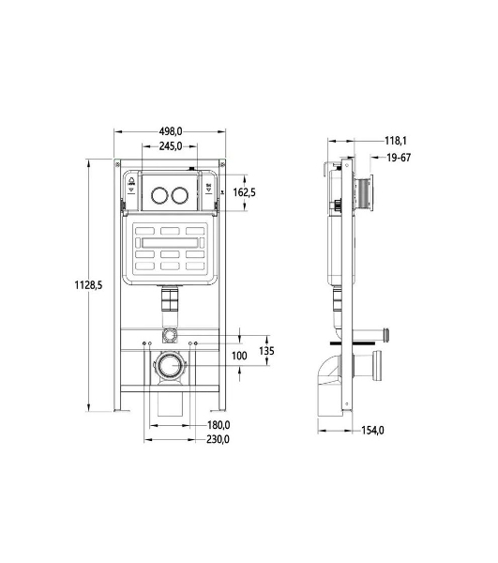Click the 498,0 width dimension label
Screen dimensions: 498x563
tap(171, 131)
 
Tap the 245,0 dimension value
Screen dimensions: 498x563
tap(171, 146)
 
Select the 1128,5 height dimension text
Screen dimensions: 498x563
tap(88, 285)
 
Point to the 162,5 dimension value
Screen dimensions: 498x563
tap(245, 192)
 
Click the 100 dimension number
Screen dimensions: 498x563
tap(239, 356)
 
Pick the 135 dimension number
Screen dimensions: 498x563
tap(266, 350)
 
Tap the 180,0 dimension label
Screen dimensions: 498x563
tap(219, 425)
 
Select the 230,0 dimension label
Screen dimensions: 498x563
tap(218, 439)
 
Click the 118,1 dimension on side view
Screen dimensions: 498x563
tap(396, 141)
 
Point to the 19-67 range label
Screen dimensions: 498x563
tap(399, 158)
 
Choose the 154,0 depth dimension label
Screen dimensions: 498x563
tap(372, 430)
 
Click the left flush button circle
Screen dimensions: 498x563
tap(159, 194)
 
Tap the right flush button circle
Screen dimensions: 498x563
tap(179, 194)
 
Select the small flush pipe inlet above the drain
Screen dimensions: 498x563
tap(170, 335)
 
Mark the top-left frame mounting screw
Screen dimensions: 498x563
tap(117, 164)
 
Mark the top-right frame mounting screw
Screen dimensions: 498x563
tap(222, 164)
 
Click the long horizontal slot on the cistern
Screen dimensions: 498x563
tap(170, 243)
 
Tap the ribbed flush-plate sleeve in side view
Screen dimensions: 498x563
tap(363, 192)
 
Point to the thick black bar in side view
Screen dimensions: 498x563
tap(353, 343)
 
